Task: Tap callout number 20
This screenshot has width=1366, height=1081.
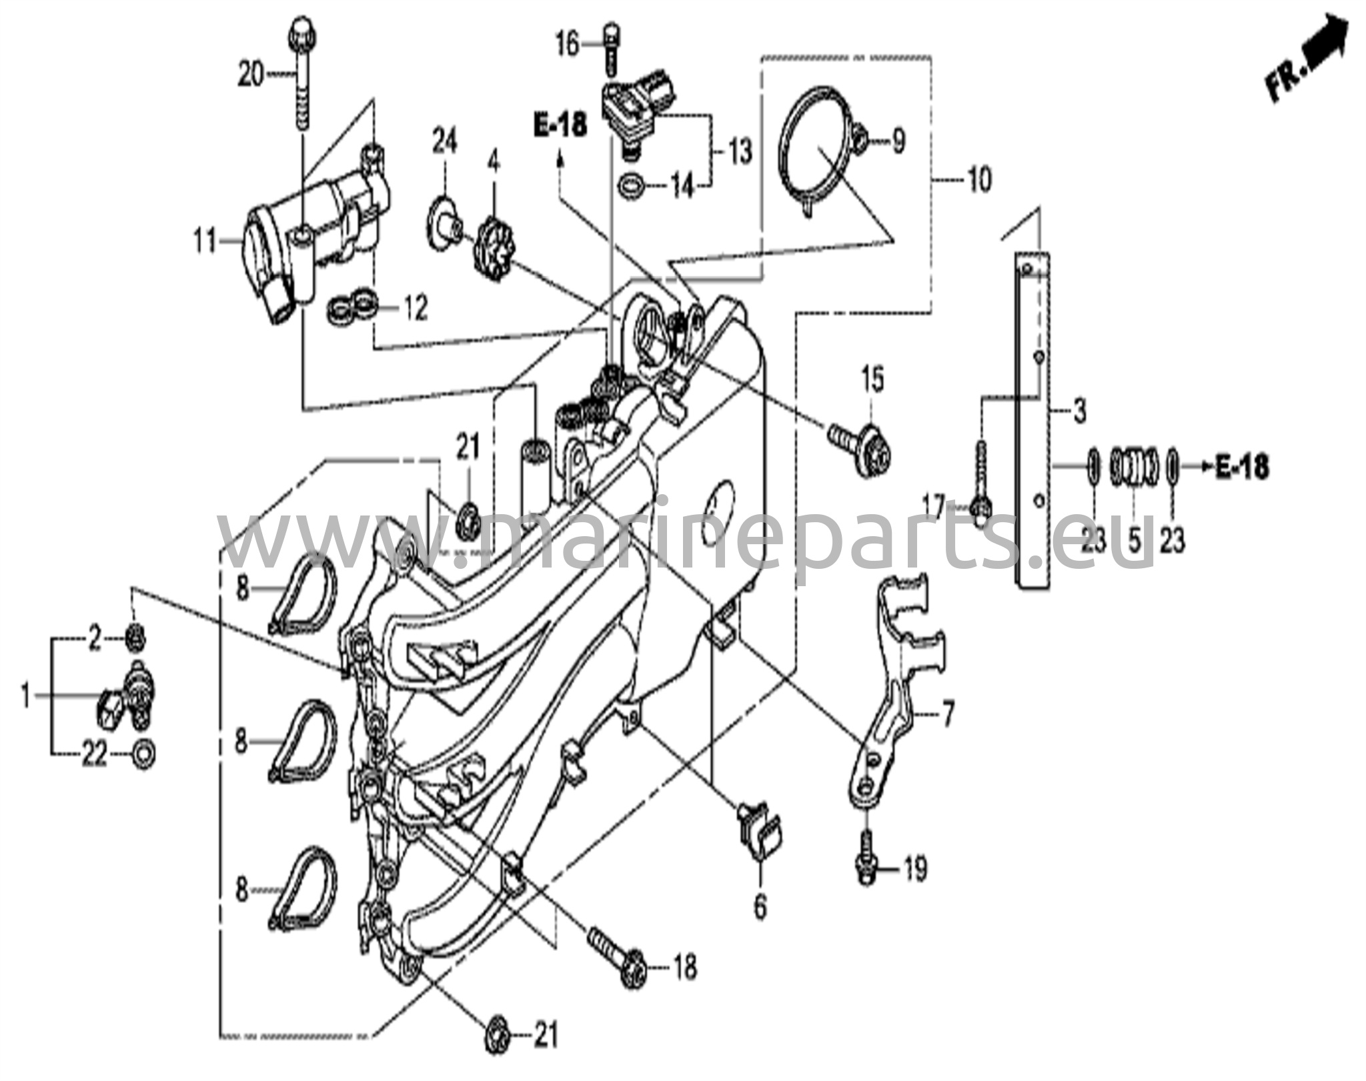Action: (x=251, y=75)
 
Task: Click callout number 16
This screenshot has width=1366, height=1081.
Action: (x=568, y=45)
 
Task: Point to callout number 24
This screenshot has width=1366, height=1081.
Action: (x=444, y=142)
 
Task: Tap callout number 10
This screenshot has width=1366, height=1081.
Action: (x=978, y=179)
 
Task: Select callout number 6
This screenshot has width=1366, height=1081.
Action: (x=760, y=906)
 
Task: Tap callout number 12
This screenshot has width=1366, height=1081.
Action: (x=415, y=308)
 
